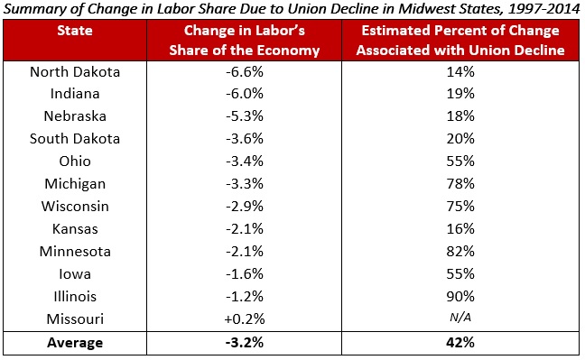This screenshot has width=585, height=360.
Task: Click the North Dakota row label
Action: pyautogui.click(x=75, y=71)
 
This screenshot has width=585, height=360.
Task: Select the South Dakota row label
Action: pyautogui.click(x=75, y=139)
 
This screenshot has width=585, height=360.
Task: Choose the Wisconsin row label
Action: pyautogui.click(x=75, y=207)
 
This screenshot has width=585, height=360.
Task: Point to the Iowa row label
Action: pyautogui.click(x=75, y=274)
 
